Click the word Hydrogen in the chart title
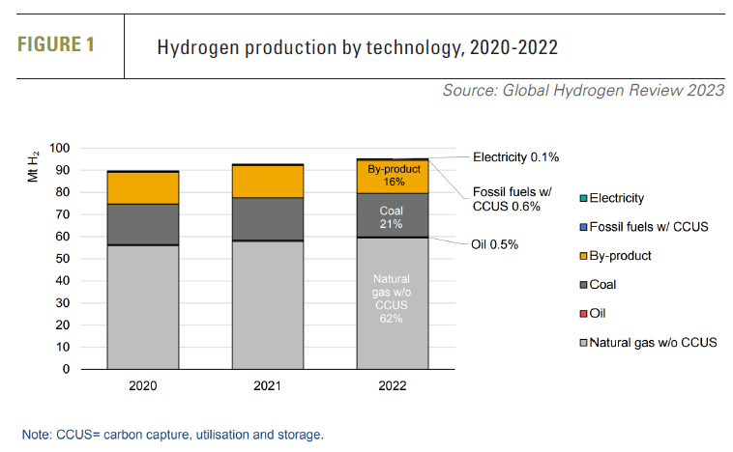point(199,46)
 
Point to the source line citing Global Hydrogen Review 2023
point(583,91)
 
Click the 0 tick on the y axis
point(67,369)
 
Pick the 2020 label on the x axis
point(143,385)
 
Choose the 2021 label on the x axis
point(268,385)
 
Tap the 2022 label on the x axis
point(393,385)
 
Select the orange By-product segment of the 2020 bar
point(143,187)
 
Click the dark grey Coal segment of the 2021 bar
point(268,218)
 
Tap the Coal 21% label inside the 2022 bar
point(393,216)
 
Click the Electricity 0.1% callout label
point(515,156)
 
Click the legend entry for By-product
point(620,256)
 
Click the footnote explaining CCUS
point(173,435)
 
